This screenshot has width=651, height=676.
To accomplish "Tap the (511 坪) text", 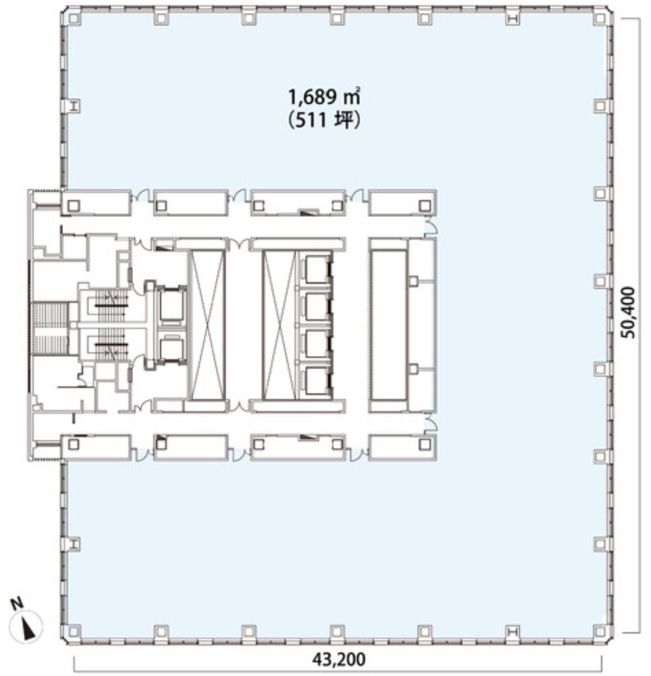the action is [x=324, y=121].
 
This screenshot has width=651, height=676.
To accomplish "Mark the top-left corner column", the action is [x=74, y=18].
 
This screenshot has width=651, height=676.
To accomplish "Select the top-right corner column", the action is [x=600, y=18].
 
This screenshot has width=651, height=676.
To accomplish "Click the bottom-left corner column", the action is [x=74, y=632].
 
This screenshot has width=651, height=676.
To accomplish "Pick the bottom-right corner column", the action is [x=600, y=632].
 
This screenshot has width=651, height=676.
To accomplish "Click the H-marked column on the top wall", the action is [x=513, y=18].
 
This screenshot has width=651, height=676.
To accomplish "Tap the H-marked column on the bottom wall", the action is [x=513, y=632].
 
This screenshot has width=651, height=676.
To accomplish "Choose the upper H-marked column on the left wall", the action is [x=74, y=106].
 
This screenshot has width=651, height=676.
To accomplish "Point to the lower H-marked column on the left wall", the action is [x=74, y=544].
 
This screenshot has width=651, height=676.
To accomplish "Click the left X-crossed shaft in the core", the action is [x=206, y=325].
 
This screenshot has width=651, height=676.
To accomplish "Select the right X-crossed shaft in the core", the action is [x=280, y=325].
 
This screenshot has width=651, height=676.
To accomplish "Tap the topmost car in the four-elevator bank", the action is [x=317, y=268].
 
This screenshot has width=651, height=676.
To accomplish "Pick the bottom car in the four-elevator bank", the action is [x=317, y=382].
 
